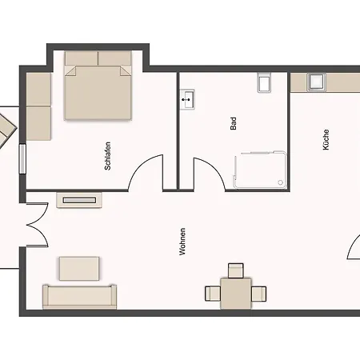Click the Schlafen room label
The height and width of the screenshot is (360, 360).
pos(107,156)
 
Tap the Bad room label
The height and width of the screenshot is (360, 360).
pos(234,123)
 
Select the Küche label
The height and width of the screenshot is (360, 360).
pos(326,140)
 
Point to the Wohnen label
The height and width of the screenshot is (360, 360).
pos(182,242)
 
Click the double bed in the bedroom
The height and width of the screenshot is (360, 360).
pos(98,86)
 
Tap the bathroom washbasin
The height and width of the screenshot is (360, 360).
pos(187,99)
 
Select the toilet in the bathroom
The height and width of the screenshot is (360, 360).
pos(265,82)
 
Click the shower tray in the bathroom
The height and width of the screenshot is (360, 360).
pos(260,170)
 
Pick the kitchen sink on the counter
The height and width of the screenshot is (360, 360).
pos(316,82)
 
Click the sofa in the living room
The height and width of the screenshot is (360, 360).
pos(79,297)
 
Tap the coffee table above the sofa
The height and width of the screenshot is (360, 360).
pos(79,269)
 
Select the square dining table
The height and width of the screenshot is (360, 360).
pos(236,294)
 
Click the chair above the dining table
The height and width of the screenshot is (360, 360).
pos(236,270)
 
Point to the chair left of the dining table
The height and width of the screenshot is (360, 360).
pos(213,294)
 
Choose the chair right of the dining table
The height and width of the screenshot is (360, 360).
pos(258,294)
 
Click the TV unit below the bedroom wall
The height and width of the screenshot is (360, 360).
pos(79,200)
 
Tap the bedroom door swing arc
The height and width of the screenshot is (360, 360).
pos(142,163)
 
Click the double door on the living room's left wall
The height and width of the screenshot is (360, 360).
pos(38,225)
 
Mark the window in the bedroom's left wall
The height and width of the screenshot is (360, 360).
pos(22,159)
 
